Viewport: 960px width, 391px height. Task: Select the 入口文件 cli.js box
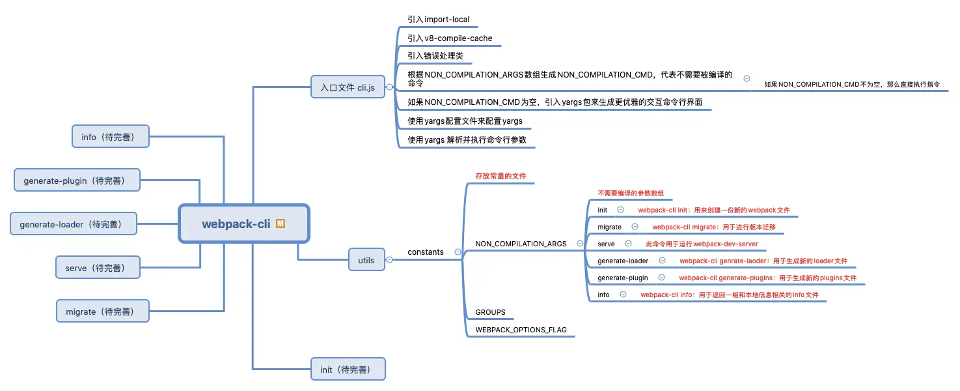348,87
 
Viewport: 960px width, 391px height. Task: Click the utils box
366,260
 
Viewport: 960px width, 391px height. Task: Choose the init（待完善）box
348,369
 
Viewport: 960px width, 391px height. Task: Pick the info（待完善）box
111,137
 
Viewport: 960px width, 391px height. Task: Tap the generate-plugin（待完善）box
77,180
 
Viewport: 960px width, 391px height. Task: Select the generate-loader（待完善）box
74,224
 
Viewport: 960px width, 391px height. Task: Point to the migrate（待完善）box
102,311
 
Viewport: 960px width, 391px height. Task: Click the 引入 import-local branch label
438,20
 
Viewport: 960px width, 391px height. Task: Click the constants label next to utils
426,252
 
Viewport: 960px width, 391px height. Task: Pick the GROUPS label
490,312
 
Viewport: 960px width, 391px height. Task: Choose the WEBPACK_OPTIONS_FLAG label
521,330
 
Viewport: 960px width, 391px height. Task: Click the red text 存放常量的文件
501,176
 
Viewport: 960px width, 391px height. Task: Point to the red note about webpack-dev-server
702,244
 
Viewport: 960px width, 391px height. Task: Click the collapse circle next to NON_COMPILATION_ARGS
580,244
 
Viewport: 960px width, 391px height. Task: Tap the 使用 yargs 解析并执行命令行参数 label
467,140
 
